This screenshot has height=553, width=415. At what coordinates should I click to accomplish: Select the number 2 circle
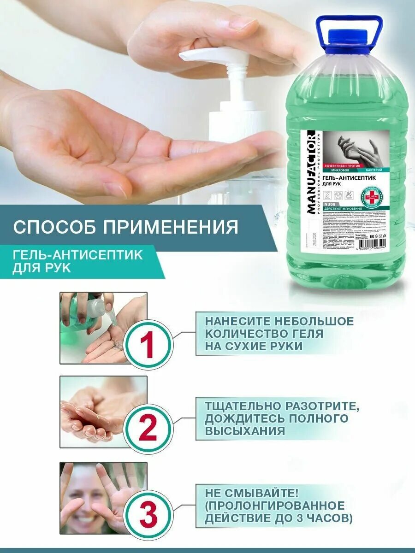[147, 429]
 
